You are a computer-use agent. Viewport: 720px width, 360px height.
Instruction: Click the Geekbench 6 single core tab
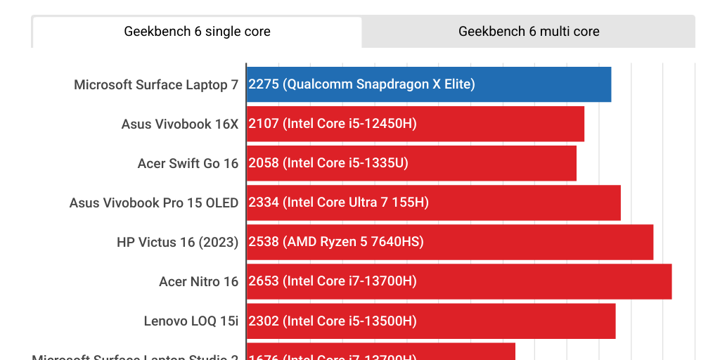[x=197, y=32]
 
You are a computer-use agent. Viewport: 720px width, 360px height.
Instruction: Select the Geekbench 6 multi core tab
[x=529, y=32]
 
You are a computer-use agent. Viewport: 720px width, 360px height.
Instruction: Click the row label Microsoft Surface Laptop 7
[x=156, y=85]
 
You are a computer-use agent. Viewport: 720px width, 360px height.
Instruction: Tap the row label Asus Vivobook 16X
[x=180, y=124]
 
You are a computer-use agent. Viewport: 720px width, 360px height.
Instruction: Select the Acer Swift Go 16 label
[x=188, y=164]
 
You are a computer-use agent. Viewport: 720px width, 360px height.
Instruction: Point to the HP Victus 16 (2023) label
[x=177, y=243]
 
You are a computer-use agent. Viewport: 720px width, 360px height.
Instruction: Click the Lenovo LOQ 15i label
[x=191, y=321]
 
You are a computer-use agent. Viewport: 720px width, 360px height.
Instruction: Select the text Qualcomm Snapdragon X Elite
[x=379, y=84]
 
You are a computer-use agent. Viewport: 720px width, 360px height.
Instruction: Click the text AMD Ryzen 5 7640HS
[x=353, y=242]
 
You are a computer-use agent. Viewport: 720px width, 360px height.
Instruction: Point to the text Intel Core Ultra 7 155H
[x=356, y=202]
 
